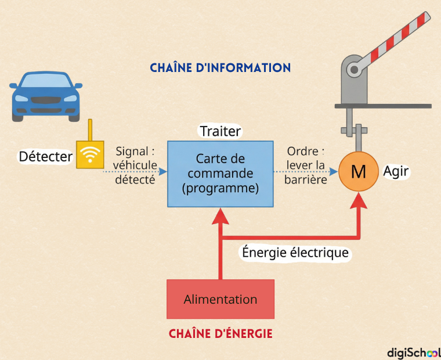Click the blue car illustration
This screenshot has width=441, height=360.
tap(46, 96)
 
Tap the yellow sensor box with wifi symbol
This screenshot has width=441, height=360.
tap(90, 154)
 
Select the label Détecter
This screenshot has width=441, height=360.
tap(46, 157)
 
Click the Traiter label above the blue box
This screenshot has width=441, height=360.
tap(220, 131)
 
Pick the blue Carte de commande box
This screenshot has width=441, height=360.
tap(220, 174)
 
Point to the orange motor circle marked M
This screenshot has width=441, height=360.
tap(359, 171)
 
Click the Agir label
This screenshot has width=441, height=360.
tap(396, 171)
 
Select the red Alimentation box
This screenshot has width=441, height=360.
tap(220, 299)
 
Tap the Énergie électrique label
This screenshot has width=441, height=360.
tap(295, 253)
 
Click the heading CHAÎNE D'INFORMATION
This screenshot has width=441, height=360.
tap(220, 68)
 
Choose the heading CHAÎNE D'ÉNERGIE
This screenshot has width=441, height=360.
tap(220, 334)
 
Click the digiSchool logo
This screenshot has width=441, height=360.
tap(414, 352)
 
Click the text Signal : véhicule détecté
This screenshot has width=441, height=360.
tap(135, 165)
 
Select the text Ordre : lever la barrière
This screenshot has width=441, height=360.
tap(305, 165)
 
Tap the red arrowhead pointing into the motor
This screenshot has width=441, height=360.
tap(359, 201)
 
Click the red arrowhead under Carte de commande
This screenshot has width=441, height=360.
tap(220, 216)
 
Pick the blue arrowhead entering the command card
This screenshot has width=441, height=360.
tap(163, 171)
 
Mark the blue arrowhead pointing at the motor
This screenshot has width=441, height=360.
tap(333, 171)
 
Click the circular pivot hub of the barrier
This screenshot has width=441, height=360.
tap(354, 69)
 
